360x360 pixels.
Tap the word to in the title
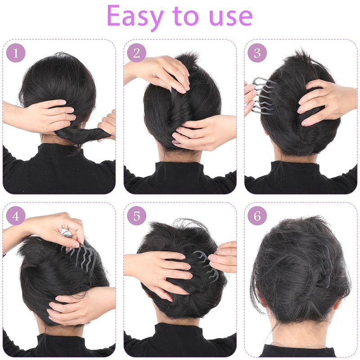pos(186,17)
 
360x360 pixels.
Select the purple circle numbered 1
pos(16,53)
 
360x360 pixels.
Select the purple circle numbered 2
pos(136,53)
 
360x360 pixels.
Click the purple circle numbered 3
pos(257,53)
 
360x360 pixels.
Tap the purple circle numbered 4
pos(16,216)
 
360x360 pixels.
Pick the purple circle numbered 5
pos(136,216)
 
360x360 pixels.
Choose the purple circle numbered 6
pos(257,216)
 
